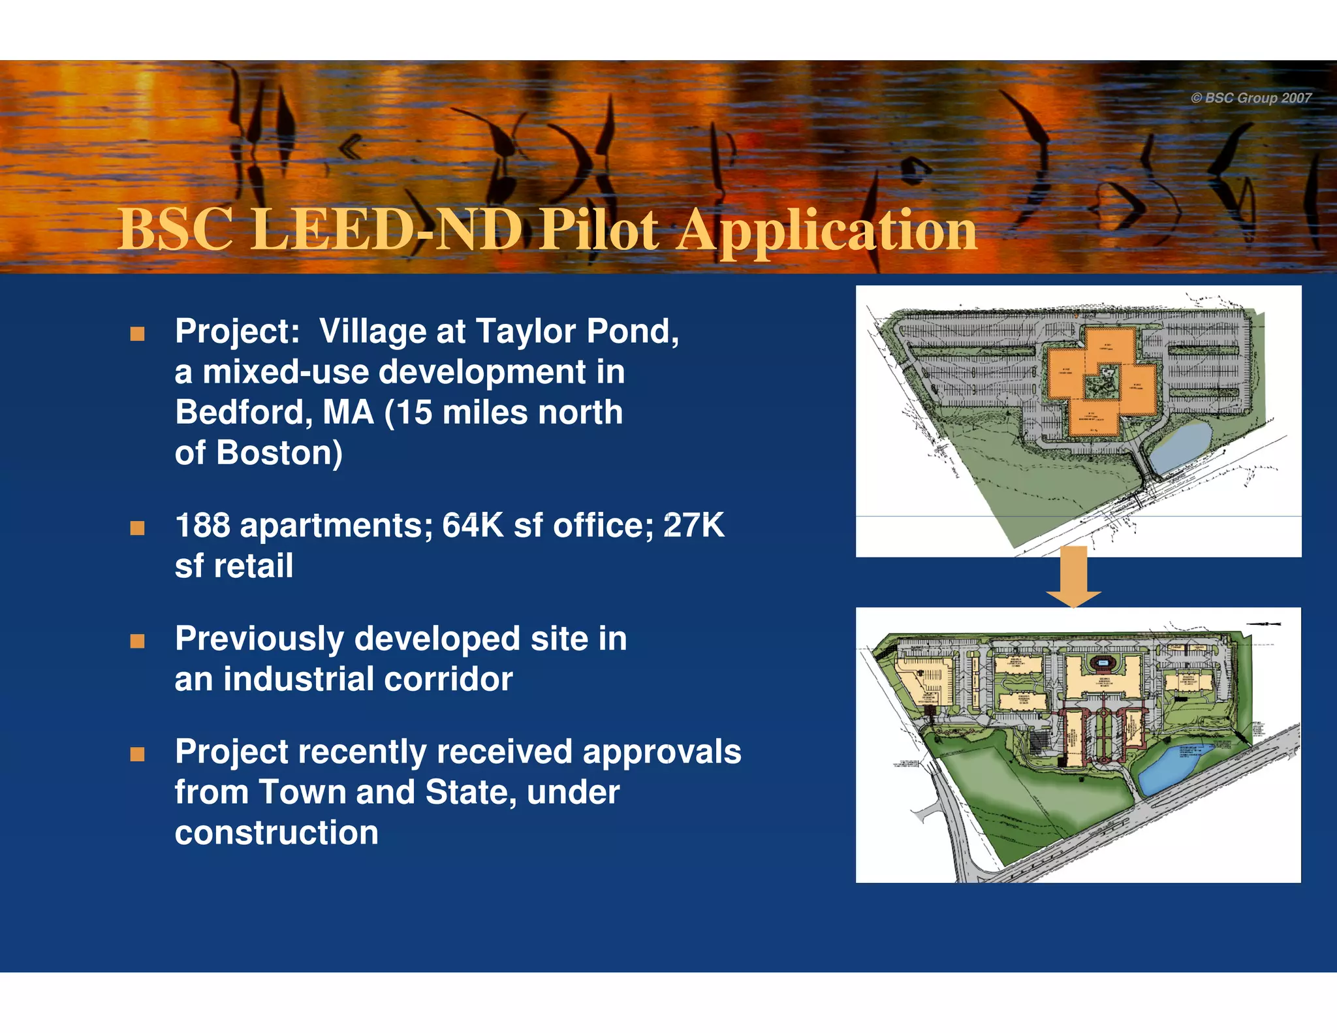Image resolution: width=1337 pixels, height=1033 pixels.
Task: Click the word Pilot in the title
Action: [599, 230]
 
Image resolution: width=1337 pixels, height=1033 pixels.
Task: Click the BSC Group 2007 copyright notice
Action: [1251, 98]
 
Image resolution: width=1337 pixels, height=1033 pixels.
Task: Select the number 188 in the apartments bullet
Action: [202, 526]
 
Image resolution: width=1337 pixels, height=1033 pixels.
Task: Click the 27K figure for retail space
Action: [694, 526]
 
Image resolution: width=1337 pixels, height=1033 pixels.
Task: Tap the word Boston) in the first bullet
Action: [279, 453]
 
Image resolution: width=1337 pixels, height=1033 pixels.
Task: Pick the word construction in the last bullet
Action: [276, 833]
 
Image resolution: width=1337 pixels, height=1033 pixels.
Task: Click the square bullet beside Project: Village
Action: [137, 334]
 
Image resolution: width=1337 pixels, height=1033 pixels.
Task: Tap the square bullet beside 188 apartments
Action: [137, 528]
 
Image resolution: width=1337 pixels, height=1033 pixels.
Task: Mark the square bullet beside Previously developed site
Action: [137, 641]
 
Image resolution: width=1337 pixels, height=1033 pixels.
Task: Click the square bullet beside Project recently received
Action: [137, 755]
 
